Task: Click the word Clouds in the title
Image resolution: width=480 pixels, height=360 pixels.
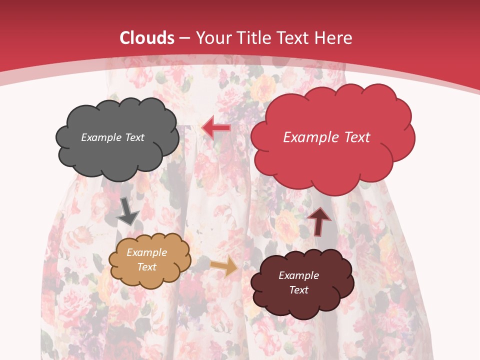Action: click(147, 38)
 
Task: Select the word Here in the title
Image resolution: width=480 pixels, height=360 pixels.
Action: click(334, 38)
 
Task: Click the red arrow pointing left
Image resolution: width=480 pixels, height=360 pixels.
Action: click(216, 127)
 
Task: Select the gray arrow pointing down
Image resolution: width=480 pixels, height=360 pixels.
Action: click(127, 210)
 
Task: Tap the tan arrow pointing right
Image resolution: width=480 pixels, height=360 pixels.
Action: click(224, 266)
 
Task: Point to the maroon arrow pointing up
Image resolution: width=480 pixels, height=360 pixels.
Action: click(319, 221)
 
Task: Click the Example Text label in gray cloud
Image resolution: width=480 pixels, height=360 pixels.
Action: click(112, 137)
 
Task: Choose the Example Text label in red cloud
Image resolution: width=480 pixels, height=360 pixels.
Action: click(326, 137)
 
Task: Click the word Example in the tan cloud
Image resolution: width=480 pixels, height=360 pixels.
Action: click(147, 253)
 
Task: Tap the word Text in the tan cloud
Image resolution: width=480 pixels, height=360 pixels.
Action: click(147, 267)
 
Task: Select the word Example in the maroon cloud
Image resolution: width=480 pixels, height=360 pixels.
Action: click(298, 275)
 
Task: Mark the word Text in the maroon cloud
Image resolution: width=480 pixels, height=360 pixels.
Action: click(298, 290)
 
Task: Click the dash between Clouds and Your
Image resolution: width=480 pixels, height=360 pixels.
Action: click(185, 38)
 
